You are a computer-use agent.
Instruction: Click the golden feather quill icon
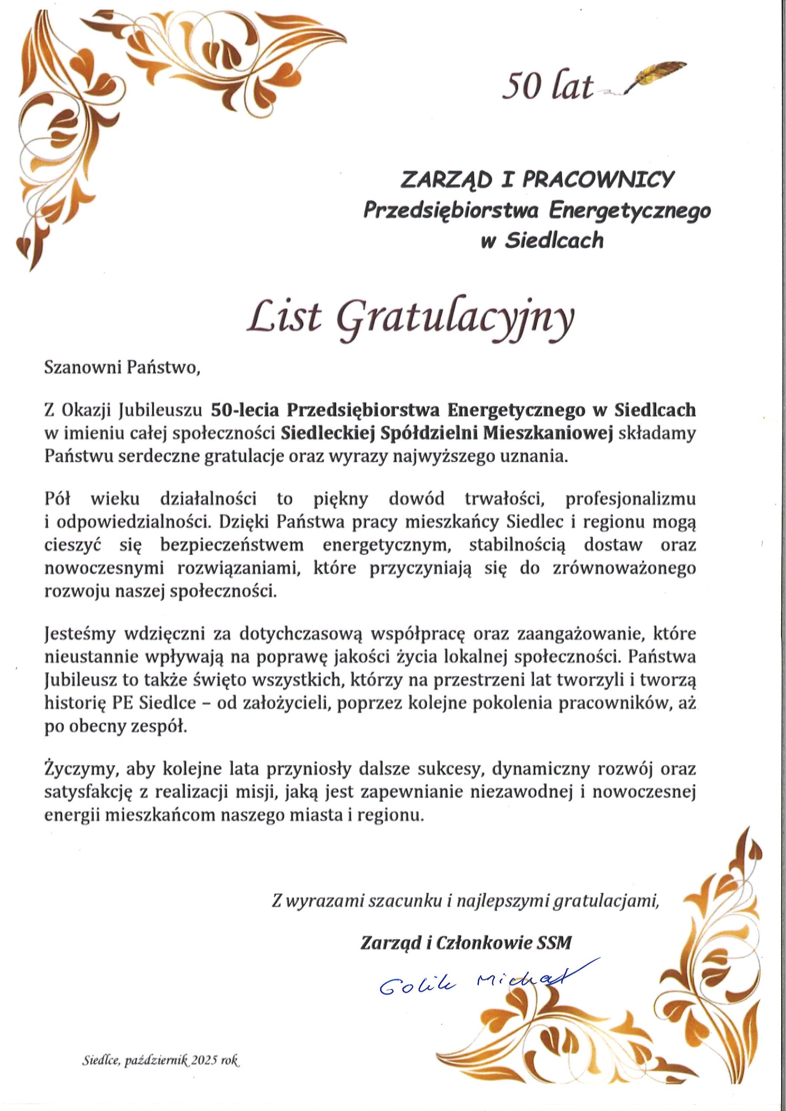pos(657,76)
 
